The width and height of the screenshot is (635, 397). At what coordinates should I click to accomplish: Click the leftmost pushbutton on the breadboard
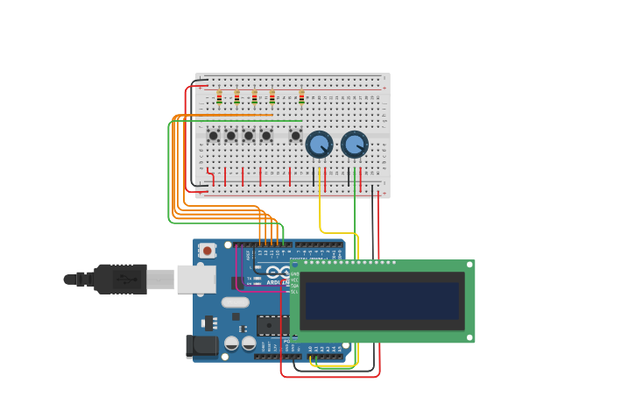[213, 135]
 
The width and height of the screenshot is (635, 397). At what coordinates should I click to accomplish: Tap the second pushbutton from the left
[230, 135]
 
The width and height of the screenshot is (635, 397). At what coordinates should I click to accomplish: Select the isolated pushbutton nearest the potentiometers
[296, 135]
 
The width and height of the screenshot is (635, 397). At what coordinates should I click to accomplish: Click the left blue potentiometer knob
[319, 144]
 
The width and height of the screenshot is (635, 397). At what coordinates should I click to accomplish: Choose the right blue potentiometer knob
[354, 144]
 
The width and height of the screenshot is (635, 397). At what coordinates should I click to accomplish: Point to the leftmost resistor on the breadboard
[219, 96]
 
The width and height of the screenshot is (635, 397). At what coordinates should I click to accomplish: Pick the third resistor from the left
[254, 96]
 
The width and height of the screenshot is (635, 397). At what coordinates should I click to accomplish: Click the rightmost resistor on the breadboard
[301, 96]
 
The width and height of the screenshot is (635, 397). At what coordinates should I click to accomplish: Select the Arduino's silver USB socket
[196, 279]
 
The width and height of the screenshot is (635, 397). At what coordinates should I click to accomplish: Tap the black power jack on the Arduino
[202, 346]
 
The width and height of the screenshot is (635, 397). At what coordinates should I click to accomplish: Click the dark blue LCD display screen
[382, 301]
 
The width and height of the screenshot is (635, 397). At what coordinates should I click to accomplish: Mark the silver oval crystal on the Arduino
[235, 302]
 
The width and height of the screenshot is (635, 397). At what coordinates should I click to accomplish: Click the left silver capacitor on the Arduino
[232, 343]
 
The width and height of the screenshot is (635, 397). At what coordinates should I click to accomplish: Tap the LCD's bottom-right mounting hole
[469, 337]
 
